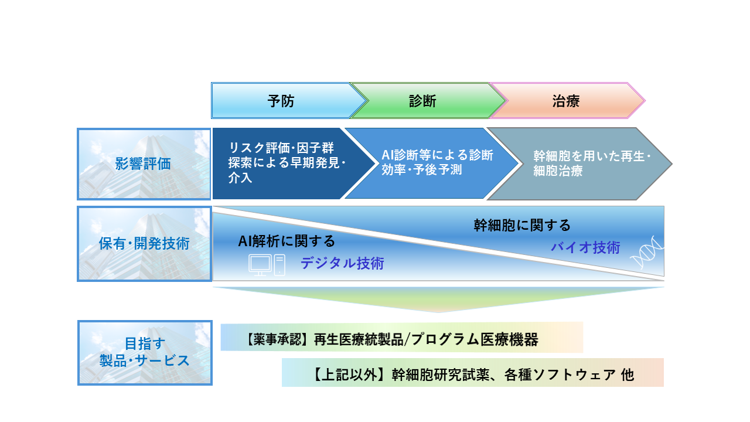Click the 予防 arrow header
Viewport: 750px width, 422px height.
281,101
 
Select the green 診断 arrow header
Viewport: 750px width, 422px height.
422,101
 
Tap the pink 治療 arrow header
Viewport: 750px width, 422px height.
566,101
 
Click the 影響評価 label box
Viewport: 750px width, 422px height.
144,164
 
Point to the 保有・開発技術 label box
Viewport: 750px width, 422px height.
144,243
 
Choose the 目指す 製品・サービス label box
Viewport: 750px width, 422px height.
144,352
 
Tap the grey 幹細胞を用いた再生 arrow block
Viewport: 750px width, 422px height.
580,164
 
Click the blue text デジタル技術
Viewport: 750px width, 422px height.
342,264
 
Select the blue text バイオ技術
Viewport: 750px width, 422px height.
585,247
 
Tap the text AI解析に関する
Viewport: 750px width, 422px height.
287,241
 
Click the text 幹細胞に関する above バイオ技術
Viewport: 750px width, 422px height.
521,225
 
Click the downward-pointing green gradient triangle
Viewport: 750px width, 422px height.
438,298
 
